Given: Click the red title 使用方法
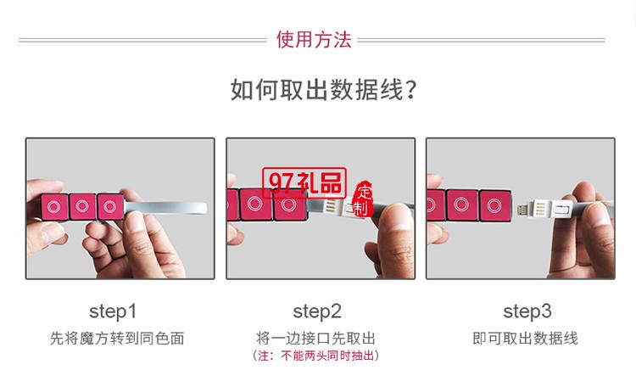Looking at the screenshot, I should pyautogui.click(x=313, y=40).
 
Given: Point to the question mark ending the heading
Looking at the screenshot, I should pyautogui.click(x=410, y=89).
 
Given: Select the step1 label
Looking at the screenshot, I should pyautogui.click(x=113, y=311).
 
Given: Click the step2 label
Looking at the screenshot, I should pyautogui.click(x=317, y=311).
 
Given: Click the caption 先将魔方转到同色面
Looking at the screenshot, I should pyautogui.click(x=117, y=339).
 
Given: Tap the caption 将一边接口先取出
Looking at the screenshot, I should pyautogui.click(x=317, y=339).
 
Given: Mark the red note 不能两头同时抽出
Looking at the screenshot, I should pyautogui.click(x=317, y=356).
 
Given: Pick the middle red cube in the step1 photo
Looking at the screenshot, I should pyautogui.click(x=82, y=206).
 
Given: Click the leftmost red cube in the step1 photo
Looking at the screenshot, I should pyautogui.click(x=54, y=206).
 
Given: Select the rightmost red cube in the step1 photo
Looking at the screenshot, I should pyautogui.click(x=110, y=206).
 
